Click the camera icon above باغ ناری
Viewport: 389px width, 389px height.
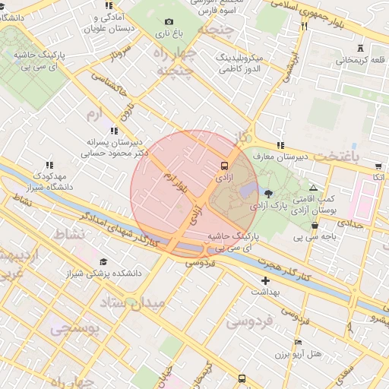click(x=169, y=21)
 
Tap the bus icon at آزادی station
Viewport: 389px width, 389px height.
click(x=224, y=165)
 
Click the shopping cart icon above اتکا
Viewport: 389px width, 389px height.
click(x=378, y=165)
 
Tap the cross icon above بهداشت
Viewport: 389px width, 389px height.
click(x=265, y=281)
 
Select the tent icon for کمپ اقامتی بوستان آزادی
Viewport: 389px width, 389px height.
click(x=313, y=188)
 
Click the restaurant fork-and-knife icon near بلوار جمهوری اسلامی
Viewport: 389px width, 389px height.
click(x=304, y=26)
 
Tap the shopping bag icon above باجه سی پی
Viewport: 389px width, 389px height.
click(x=315, y=226)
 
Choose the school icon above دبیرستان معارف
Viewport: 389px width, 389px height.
click(x=280, y=145)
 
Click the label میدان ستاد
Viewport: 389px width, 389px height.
click(x=138, y=304)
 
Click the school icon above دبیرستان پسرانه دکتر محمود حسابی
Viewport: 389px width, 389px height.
click(x=115, y=130)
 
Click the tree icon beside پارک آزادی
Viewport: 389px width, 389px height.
click(x=267, y=192)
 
